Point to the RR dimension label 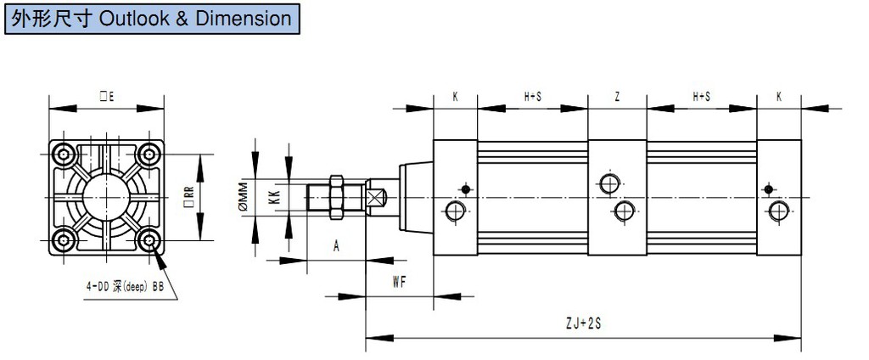click(188, 198)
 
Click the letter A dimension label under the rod click(336, 246)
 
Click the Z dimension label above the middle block click(617, 98)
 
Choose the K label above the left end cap click(455, 98)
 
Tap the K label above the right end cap click(778, 98)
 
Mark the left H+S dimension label click(532, 98)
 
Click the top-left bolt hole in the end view click(64, 155)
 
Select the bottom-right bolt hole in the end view click(150, 241)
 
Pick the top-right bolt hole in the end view click(150, 155)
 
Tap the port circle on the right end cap click(778, 210)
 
